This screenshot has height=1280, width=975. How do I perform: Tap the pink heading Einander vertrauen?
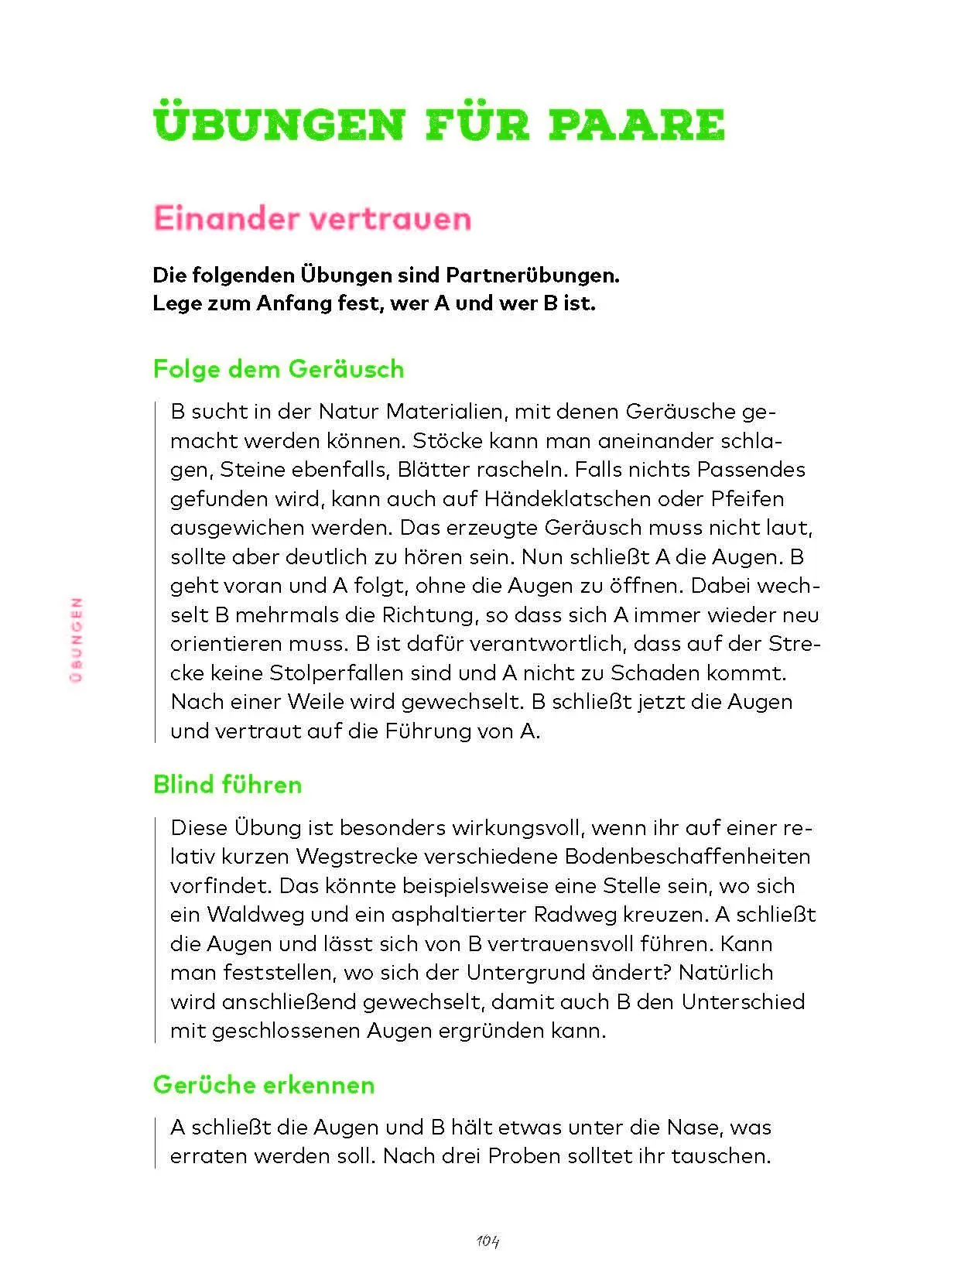[x=312, y=219]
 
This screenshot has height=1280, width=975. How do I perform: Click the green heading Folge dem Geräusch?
[x=279, y=368]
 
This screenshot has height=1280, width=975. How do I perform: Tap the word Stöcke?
[x=447, y=441]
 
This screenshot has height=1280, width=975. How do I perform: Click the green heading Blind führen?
[x=227, y=785]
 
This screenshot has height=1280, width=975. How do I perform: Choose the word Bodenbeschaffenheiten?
[x=688, y=857]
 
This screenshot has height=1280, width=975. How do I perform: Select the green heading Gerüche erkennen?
[x=264, y=1085]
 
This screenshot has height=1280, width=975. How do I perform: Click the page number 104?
[x=488, y=1241]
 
